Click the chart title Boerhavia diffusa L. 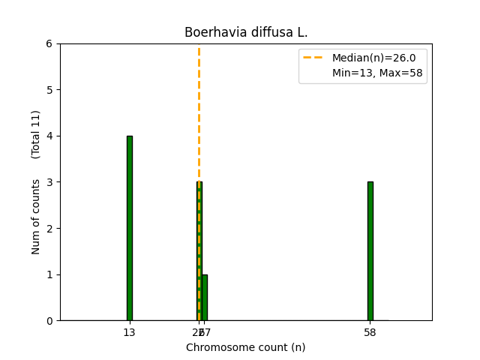pyautogui.click(x=246, y=33)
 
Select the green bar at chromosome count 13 pyautogui.click(x=130, y=228)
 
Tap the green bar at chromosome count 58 pyautogui.click(x=370, y=251)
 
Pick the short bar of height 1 pyautogui.click(x=205, y=298)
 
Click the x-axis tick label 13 pyautogui.click(x=129, y=331)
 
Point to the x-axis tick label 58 pyautogui.click(x=370, y=331)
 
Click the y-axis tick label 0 pyautogui.click(x=49, y=321)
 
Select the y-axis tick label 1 pyautogui.click(x=49, y=274)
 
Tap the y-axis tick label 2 pyautogui.click(x=49, y=229)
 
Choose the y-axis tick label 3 pyautogui.click(x=49, y=182)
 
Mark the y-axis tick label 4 pyautogui.click(x=49, y=136)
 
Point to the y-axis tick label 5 pyautogui.click(x=49, y=90)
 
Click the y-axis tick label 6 pyautogui.click(x=49, y=44)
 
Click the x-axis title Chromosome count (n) pyautogui.click(x=246, y=347)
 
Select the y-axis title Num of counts pyautogui.click(x=36, y=215)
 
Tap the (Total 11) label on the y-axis pyautogui.click(x=36, y=134)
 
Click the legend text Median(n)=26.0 pyautogui.click(x=373, y=58)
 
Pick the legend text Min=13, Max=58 pyautogui.click(x=377, y=73)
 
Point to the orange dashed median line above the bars pyautogui.click(x=199, y=112)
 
